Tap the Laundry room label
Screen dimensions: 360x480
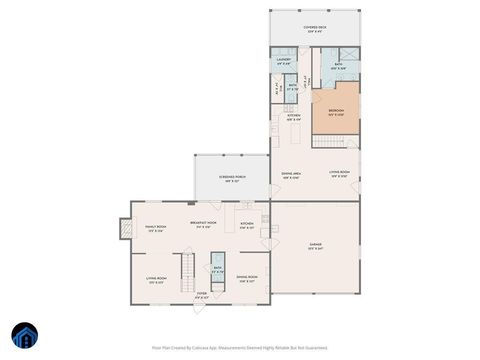[x=283, y=62]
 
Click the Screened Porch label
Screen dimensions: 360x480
[x=232, y=180]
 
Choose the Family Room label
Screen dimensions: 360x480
[x=154, y=229]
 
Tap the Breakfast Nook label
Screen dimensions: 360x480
[x=204, y=224]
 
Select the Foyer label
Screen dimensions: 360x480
[x=201, y=295]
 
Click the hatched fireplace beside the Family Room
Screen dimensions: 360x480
[x=125, y=230]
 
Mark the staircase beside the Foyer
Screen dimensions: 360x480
[x=186, y=268]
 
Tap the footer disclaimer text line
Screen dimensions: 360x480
[x=240, y=349]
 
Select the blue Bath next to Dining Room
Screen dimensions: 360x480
[x=217, y=268]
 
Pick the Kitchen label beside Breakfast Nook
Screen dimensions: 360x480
[x=246, y=225]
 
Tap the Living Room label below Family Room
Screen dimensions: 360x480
[x=156, y=281]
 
